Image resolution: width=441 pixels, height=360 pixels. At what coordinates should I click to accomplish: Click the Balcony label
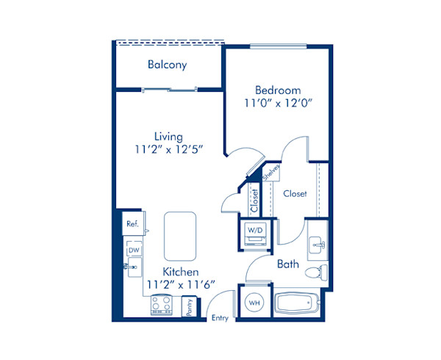coord(167,65)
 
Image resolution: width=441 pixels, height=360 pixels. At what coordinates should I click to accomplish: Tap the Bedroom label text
coord(279,90)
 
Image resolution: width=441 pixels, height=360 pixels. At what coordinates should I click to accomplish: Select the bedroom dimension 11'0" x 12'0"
coord(279,104)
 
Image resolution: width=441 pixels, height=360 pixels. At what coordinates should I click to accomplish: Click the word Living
coord(168,136)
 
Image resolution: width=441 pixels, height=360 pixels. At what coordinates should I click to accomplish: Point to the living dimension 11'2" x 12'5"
coord(168,149)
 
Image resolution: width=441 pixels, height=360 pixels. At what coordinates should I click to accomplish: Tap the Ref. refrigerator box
coord(133,223)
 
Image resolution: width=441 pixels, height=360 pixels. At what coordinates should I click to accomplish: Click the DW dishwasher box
coord(134,251)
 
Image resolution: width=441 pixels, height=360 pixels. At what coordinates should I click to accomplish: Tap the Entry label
coord(219,318)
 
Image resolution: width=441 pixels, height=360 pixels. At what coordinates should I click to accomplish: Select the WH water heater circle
coord(254,302)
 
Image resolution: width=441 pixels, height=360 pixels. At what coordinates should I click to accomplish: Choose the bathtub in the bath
coord(295,303)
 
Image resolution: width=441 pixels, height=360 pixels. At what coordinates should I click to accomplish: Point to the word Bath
coord(287,264)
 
